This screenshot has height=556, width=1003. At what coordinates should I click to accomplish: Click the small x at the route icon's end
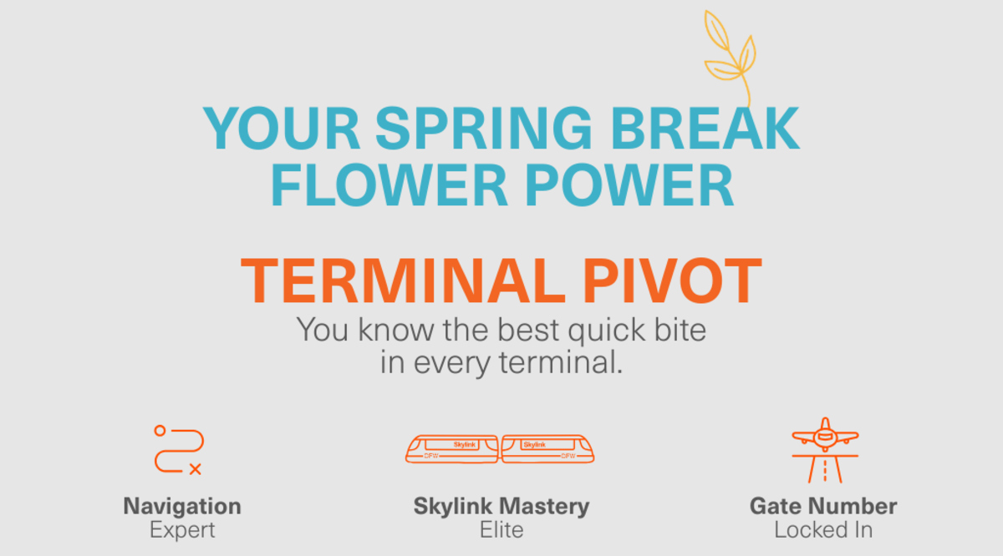click(x=195, y=469)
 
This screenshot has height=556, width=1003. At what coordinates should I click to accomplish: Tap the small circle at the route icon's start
click(x=160, y=430)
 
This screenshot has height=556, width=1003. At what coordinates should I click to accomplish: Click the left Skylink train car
click(x=451, y=448)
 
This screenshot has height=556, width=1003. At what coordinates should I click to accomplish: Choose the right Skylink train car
click(x=547, y=448)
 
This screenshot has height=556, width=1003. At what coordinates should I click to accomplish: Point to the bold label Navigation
click(x=182, y=506)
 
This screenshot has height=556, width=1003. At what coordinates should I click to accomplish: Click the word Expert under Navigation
click(x=182, y=530)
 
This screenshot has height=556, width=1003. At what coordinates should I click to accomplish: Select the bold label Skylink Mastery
click(x=501, y=506)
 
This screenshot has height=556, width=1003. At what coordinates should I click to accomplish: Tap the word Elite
click(x=501, y=530)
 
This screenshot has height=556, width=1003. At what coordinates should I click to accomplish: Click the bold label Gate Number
click(x=823, y=506)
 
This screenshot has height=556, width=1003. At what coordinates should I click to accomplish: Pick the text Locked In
click(x=823, y=530)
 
